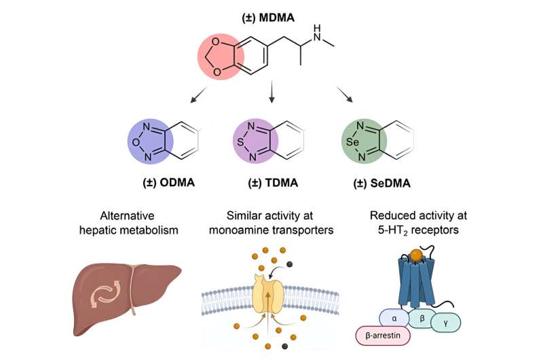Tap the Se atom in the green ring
[350, 143]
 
